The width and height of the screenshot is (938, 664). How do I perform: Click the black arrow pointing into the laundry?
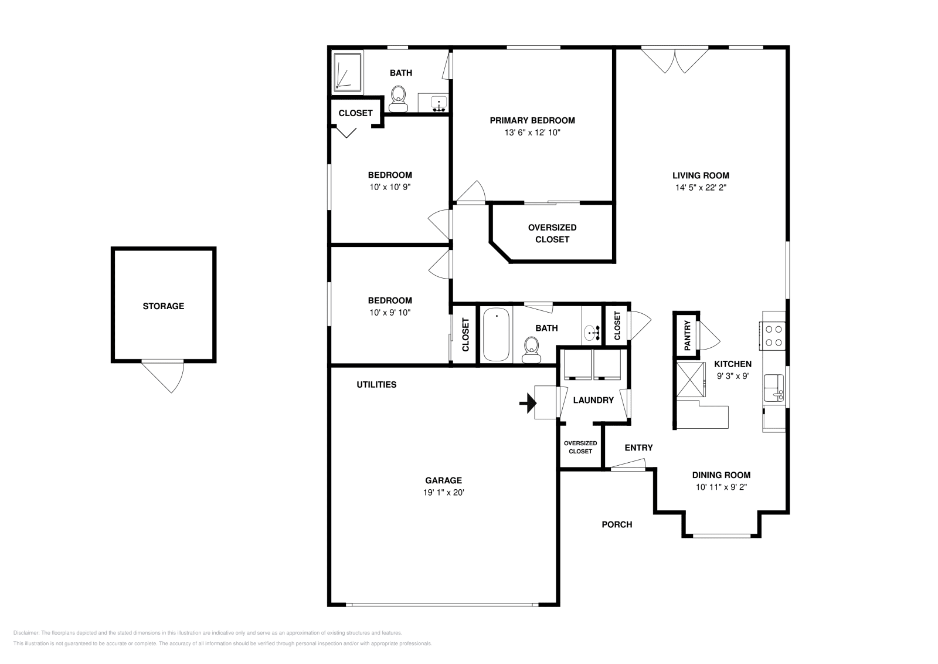pyautogui.click(x=528, y=404)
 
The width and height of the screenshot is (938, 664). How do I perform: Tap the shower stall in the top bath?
pyautogui.click(x=348, y=72)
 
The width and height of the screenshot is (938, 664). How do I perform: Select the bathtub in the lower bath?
pyautogui.click(x=496, y=335)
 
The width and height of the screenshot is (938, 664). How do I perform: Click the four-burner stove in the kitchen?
pyautogui.click(x=773, y=336)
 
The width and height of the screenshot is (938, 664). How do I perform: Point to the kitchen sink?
pyautogui.click(x=774, y=388)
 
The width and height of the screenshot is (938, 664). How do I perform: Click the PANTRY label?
pyautogui.click(x=687, y=335)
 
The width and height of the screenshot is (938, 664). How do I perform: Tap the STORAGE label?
pyautogui.click(x=164, y=306)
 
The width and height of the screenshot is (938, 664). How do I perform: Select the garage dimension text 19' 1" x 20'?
pyautogui.click(x=443, y=493)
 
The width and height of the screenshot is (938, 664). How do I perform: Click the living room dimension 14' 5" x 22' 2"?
pyautogui.click(x=701, y=188)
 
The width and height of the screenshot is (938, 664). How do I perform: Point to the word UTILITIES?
pyautogui.click(x=376, y=385)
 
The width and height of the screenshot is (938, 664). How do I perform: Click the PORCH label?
pyautogui.click(x=617, y=524)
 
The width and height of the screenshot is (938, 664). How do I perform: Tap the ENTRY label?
pyautogui.click(x=638, y=448)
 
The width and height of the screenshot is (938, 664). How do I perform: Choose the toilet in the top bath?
pyautogui.click(x=398, y=99)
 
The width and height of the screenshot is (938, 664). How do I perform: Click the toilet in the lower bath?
pyautogui.click(x=531, y=350)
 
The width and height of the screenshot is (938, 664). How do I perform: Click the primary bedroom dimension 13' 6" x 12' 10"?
pyautogui.click(x=532, y=133)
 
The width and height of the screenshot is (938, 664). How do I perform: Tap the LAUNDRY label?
pyautogui.click(x=593, y=401)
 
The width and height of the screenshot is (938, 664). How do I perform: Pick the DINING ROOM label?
pyautogui.click(x=721, y=475)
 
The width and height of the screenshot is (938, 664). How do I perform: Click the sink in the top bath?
pyautogui.click(x=439, y=103)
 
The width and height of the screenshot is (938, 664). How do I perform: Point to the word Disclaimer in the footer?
pyautogui.click(x=26, y=633)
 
